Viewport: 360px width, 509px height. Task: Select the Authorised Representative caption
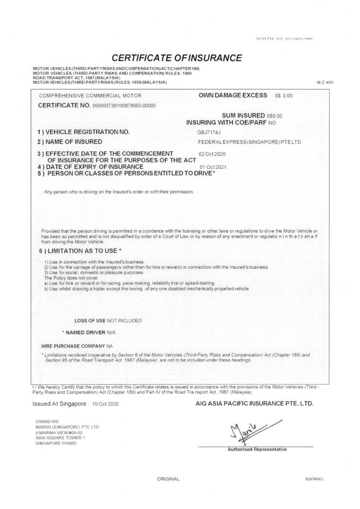click(257, 450)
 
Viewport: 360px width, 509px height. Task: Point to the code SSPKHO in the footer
click(314, 479)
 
